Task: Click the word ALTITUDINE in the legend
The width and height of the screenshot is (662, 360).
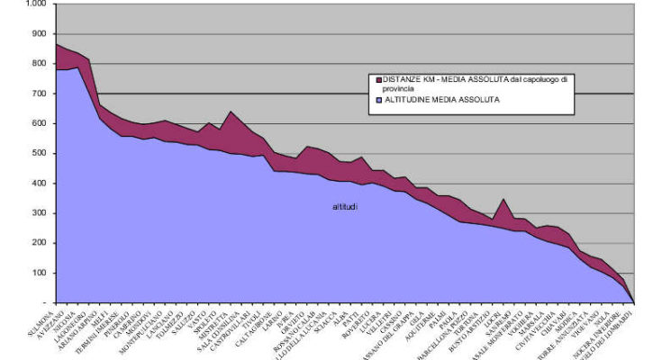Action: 406,100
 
